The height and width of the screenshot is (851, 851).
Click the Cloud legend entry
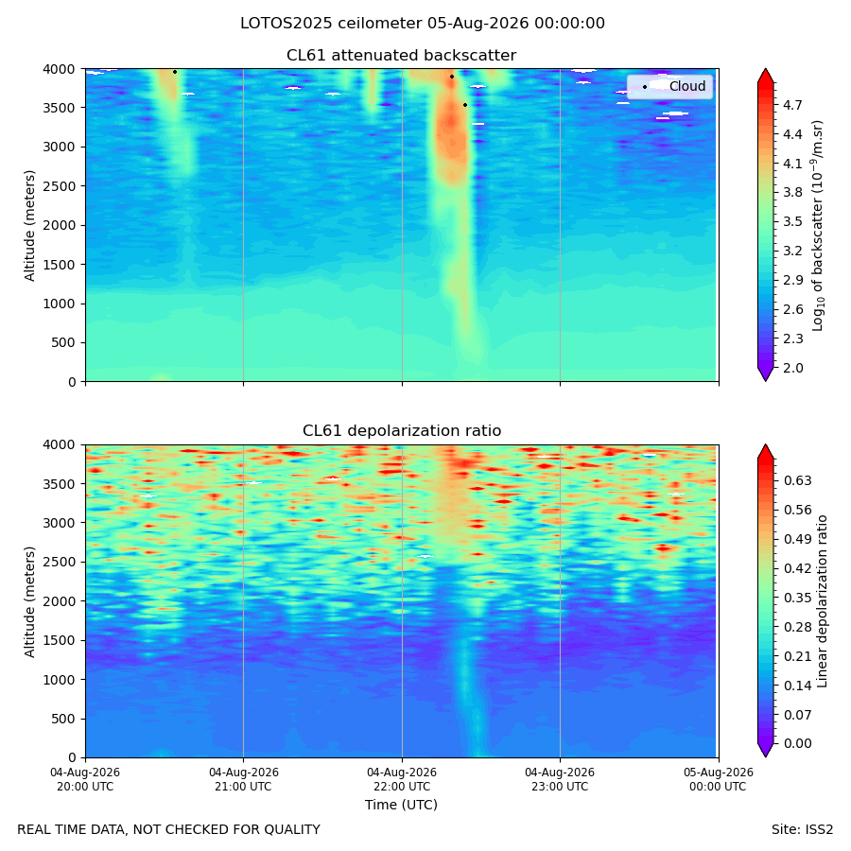(669, 86)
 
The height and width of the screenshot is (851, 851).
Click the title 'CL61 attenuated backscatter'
(401, 56)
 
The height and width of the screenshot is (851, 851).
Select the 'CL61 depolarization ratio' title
(402, 430)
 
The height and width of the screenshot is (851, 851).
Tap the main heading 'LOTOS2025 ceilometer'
(331, 24)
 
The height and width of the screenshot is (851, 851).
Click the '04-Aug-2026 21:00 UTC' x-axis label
(243, 779)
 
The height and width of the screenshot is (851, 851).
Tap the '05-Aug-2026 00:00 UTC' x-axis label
(718, 779)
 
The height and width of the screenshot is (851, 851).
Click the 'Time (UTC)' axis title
(401, 805)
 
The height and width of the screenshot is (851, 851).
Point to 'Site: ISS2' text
(802, 829)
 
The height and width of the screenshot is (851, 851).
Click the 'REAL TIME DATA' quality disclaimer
(169, 829)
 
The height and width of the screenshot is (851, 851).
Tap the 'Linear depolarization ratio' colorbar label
(822, 601)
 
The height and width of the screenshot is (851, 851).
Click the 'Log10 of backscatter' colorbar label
(818, 226)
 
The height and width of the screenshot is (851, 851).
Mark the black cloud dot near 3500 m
(465, 105)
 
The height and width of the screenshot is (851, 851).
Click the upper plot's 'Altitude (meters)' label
(29, 226)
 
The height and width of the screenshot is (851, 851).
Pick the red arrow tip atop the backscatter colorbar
(765, 69)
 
